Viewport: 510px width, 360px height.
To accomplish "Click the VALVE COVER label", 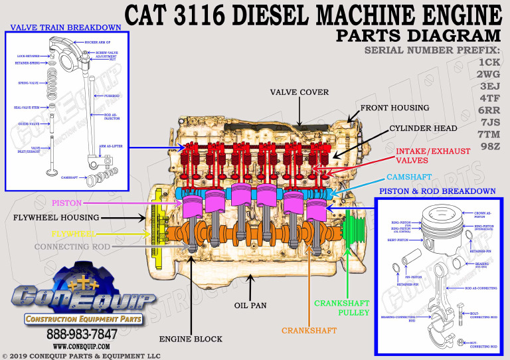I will click(x=299, y=92).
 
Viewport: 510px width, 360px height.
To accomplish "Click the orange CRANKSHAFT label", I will click(x=309, y=330).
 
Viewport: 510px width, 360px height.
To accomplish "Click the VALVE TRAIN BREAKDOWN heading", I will click(x=66, y=27).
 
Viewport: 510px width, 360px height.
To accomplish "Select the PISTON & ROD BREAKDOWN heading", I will click(x=436, y=191).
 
